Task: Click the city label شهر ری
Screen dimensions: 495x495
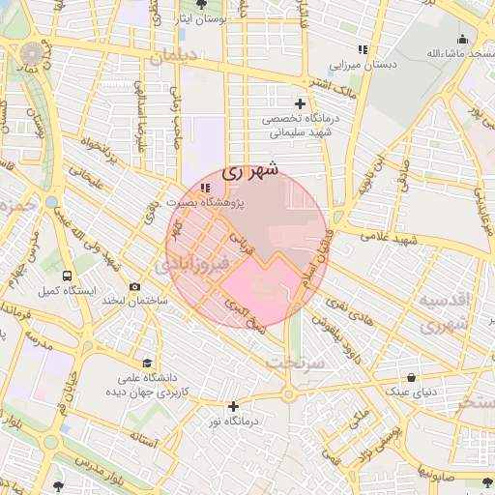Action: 249,171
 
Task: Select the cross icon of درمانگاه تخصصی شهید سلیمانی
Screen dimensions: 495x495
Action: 300,103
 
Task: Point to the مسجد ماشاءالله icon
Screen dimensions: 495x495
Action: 462,40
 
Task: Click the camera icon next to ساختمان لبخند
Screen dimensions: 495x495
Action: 133,286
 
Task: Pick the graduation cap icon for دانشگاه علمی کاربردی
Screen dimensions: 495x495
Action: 146,363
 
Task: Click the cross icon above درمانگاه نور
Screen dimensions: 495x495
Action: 232,406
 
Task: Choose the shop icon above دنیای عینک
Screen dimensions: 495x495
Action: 413,377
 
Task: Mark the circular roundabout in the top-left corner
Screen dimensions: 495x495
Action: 33,52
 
